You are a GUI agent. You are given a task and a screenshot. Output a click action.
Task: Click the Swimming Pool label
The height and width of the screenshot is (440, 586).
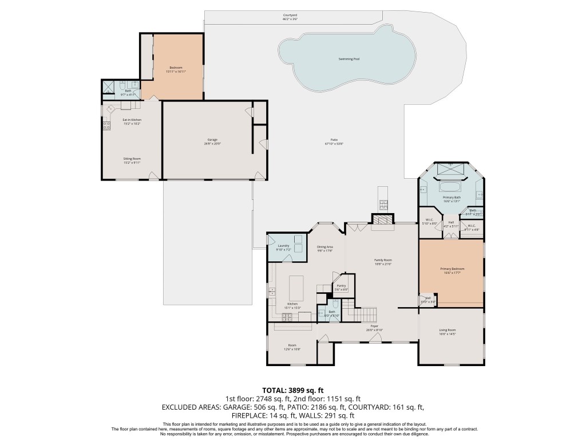click(349, 59)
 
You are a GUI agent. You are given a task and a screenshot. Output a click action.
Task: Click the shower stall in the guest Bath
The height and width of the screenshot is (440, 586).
click(108, 87)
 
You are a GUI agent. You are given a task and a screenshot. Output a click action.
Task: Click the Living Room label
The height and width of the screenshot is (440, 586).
click(447, 331)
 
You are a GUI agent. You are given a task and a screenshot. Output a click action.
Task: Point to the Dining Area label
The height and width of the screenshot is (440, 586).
click(325, 248)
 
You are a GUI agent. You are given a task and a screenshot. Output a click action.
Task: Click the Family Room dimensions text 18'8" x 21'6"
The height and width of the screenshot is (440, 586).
click(383, 264)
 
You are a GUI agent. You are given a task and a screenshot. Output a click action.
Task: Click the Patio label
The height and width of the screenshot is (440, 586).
click(334, 140)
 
